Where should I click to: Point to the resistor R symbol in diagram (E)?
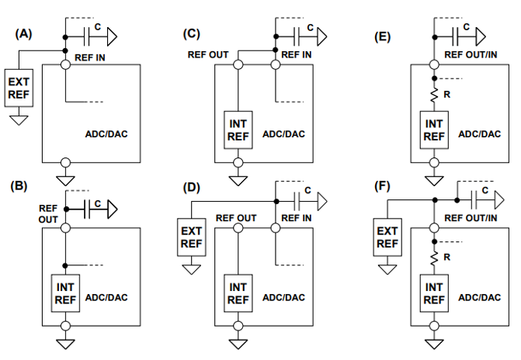[434, 95]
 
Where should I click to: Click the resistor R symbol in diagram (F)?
[434, 258]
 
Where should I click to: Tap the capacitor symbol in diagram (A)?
[87, 36]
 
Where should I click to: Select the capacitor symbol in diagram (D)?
[297, 201]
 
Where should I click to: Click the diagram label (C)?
[191, 34]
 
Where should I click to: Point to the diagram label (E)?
[382, 36]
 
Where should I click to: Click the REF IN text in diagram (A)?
[90, 57]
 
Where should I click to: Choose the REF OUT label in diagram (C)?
[208, 55]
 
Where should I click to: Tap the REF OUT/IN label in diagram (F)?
[471, 218]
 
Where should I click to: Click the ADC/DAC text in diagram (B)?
[106, 298]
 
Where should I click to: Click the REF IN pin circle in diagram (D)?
[276, 228]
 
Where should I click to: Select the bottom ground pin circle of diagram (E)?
[434, 163]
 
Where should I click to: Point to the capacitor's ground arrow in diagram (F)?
[499, 200]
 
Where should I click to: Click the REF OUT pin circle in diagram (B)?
[66, 228]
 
